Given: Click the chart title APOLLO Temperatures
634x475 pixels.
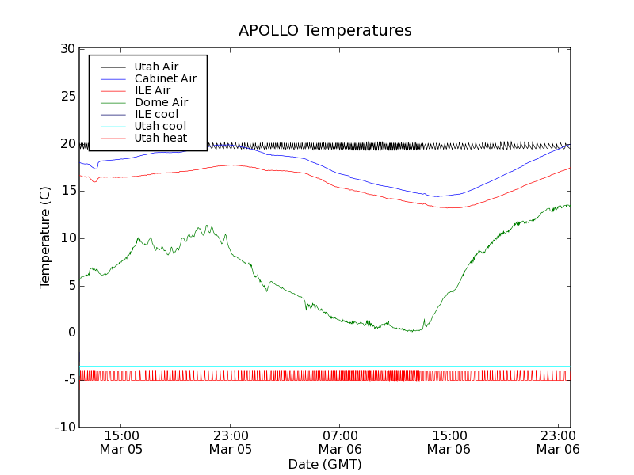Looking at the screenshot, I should pos(325,31).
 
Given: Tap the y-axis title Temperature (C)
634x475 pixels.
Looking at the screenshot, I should pos(45,237).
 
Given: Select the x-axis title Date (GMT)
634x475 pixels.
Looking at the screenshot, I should pos(325,464).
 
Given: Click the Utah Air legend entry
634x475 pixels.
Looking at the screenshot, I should pos(156,66).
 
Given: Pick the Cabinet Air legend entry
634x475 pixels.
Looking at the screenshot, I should pos(165,78).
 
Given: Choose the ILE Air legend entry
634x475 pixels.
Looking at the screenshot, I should pos(152,90).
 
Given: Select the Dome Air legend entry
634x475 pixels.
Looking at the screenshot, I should pos(161,102).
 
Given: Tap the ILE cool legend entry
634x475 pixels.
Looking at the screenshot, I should pos(156,114).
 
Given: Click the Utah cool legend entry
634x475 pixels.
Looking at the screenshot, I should pos(160,126).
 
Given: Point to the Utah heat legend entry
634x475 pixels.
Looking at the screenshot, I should pos(160,138).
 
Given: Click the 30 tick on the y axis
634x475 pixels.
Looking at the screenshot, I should pos(67,49).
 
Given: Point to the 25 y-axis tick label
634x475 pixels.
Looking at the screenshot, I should pos(67,97).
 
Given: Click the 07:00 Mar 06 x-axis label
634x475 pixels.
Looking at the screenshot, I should pos(339,442).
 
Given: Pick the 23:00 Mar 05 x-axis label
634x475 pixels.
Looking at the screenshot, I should pos(230,442).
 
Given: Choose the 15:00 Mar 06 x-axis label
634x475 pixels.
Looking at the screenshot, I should pos(449,442).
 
